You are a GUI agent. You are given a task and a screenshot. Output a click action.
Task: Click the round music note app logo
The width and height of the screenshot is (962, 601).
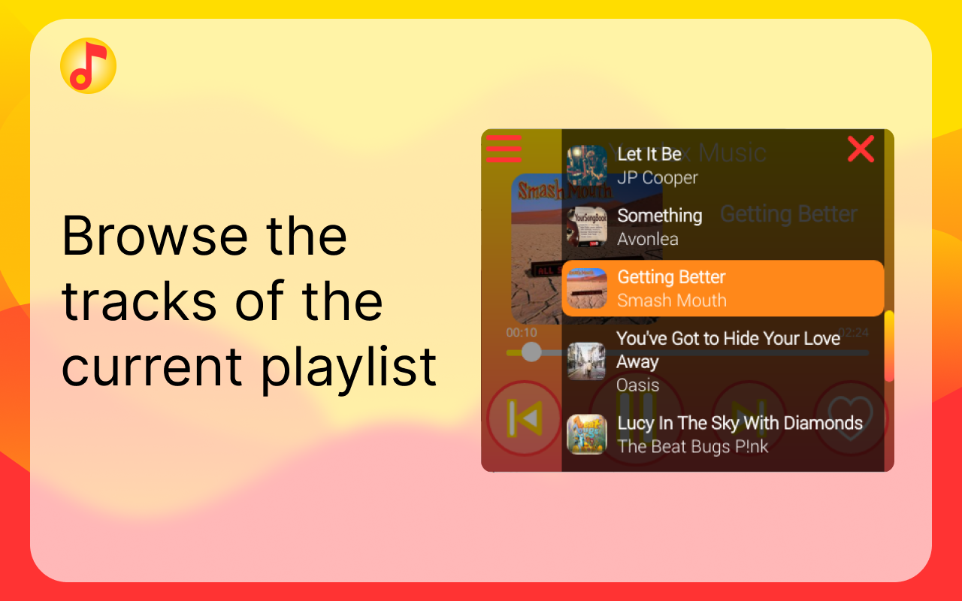click(88, 65)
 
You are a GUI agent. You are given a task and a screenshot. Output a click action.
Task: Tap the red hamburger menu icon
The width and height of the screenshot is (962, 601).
click(504, 148)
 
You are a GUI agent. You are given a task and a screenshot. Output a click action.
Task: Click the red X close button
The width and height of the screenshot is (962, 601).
click(861, 149)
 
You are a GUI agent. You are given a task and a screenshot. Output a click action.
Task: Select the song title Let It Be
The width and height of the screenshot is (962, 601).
click(649, 154)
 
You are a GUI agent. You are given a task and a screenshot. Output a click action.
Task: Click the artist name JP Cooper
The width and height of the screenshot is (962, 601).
click(657, 178)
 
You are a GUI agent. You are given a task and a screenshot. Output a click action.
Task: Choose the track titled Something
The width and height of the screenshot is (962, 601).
click(659, 216)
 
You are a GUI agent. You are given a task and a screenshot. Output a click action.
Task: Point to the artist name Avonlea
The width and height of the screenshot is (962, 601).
click(647, 240)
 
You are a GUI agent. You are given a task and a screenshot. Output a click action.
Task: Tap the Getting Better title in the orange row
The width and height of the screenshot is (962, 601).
click(671, 277)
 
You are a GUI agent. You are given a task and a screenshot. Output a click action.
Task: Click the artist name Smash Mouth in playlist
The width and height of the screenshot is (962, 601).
click(671, 300)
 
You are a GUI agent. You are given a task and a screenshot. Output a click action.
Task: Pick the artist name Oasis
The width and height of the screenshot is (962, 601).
click(637, 385)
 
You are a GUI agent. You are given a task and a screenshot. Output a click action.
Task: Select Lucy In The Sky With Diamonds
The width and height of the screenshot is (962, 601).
click(740, 423)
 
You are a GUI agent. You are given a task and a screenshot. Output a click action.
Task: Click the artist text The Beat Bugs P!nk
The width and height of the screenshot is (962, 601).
click(692, 447)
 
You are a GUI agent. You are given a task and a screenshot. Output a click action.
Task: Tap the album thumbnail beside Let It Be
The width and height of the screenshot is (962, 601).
click(586, 165)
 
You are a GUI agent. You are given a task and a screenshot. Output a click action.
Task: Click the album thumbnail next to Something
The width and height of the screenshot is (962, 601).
click(586, 227)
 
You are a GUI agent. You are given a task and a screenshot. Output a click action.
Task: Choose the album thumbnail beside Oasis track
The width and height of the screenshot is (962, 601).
click(586, 361)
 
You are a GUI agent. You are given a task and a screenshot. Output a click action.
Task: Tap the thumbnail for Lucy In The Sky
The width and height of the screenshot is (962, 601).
click(586, 434)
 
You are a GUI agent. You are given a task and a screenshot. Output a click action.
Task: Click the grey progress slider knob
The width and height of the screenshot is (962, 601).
click(531, 352)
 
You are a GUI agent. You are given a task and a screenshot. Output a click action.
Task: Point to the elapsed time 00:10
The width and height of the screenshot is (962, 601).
click(521, 333)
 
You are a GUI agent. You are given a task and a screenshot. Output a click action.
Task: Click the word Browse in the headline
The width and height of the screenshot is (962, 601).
click(154, 235)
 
